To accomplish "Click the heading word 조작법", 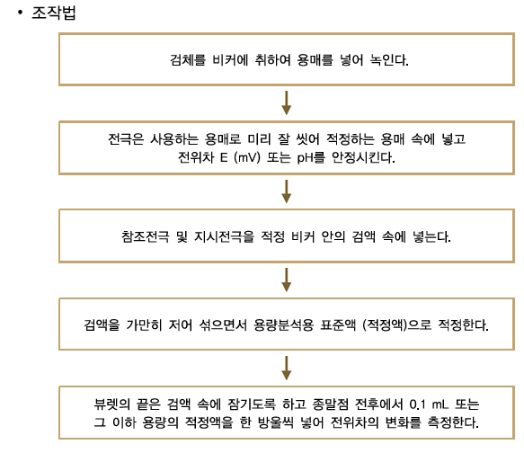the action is click(54, 13).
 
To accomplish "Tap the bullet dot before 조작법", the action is click(21, 13).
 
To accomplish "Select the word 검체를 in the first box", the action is click(188, 60).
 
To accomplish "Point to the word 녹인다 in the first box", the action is click(389, 60).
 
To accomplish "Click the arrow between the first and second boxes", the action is click(287, 102).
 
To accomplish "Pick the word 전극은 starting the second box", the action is click(126, 139).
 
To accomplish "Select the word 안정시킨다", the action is click(363, 157).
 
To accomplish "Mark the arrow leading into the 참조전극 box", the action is click(287, 191).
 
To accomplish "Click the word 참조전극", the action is click(146, 236).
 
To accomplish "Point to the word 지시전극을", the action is click(224, 236).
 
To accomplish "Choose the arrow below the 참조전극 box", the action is click(287, 280).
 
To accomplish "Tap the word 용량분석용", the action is click(284, 324).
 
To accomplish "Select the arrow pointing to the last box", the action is click(287, 368).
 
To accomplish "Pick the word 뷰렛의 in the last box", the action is click(112, 404).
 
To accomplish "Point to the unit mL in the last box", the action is click(440, 404).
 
